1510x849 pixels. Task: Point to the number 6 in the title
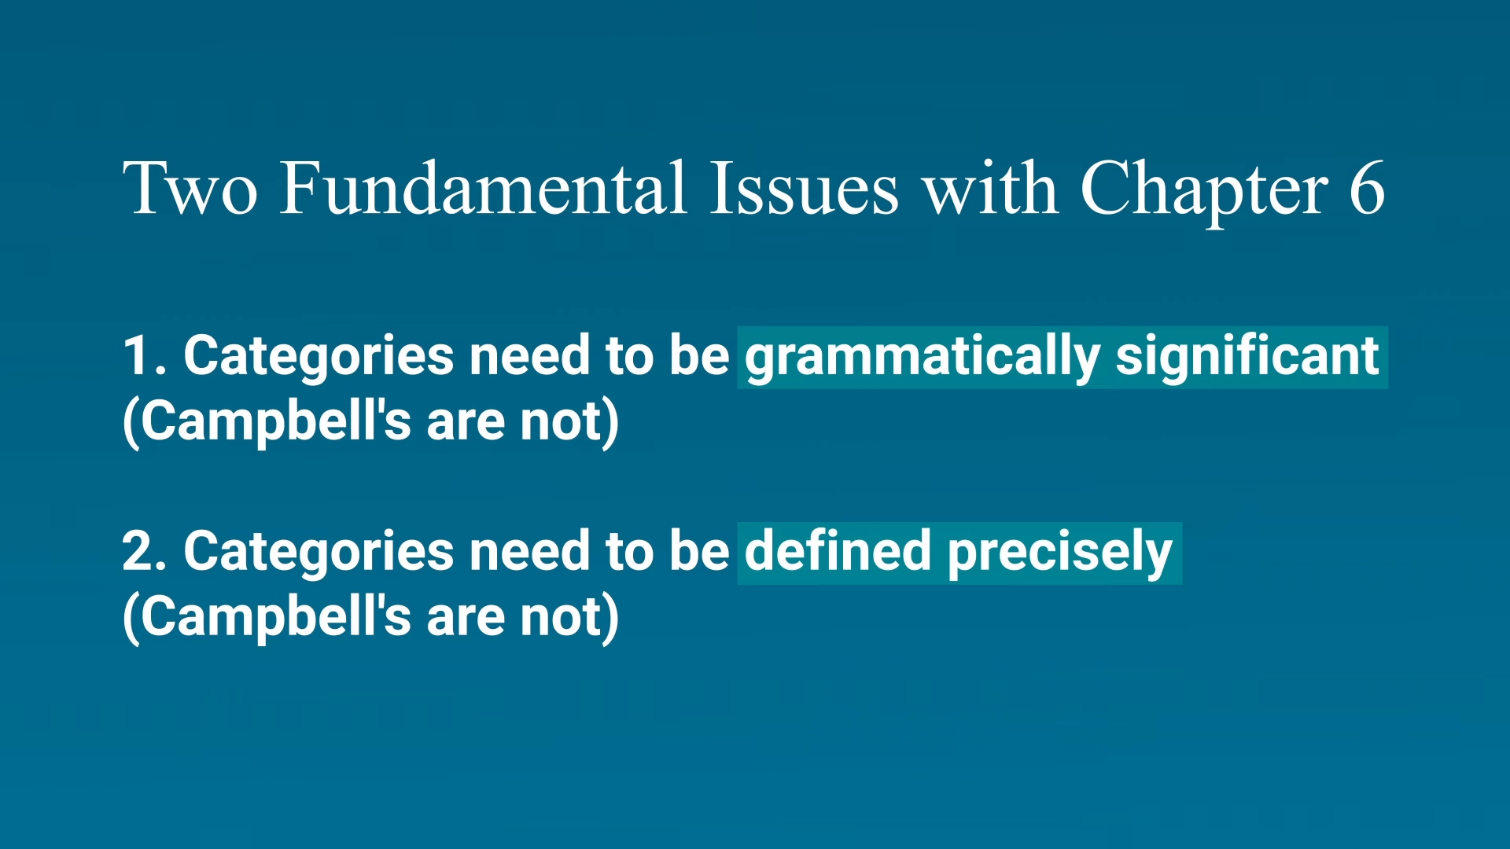click(1367, 187)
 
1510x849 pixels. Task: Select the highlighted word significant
click(1247, 358)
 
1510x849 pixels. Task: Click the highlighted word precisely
click(1060, 554)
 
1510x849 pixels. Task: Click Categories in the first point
click(319, 358)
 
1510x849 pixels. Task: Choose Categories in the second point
click(319, 553)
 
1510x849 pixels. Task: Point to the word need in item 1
click(529, 355)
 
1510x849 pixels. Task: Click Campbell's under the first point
click(276, 423)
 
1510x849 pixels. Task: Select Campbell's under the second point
click(276, 619)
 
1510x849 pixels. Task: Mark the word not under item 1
click(561, 423)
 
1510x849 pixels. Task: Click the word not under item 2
click(561, 619)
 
